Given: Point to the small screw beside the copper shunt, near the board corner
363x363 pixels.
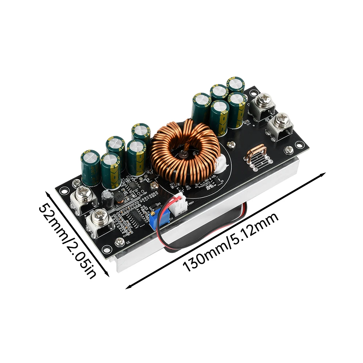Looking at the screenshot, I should (289, 149).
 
